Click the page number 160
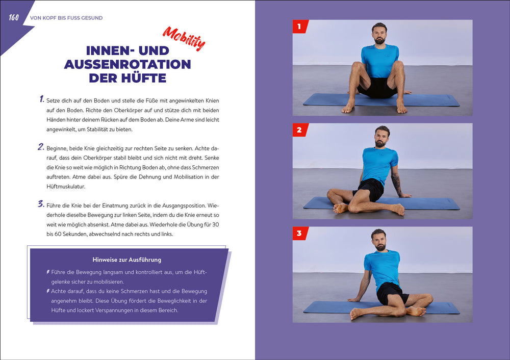click(14, 17)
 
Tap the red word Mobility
click(184, 38)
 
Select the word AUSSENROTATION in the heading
click(127, 64)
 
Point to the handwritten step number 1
click(42, 99)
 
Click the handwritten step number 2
click(41, 147)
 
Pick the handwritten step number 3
click(41, 204)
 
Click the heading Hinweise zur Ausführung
click(127, 260)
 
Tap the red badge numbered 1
click(299, 26)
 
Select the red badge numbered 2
click(299, 130)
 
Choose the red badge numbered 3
click(299, 233)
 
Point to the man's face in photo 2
click(380, 138)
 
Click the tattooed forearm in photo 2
click(397, 184)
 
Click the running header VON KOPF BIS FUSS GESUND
click(66, 18)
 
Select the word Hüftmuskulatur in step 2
click(66, 187)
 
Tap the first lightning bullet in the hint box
click(48, 272)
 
